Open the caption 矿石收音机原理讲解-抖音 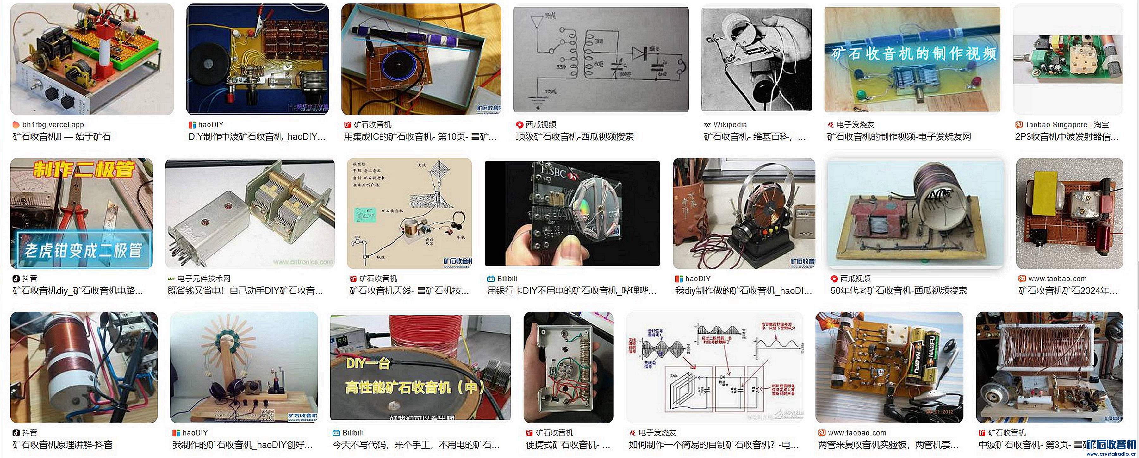[62, 445]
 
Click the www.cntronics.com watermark [303, 262]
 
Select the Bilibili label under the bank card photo [507, 279]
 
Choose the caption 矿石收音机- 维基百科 [754, 137]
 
